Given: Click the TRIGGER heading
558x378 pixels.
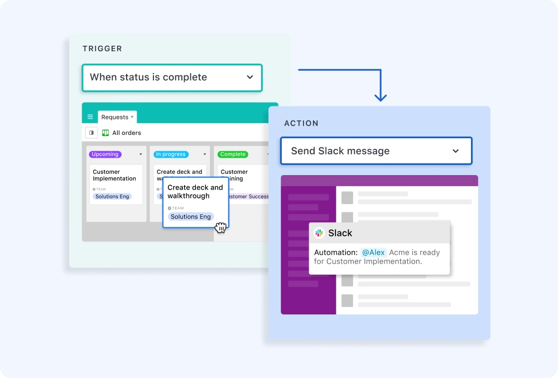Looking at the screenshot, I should pyautogui.click(x=102, y=49).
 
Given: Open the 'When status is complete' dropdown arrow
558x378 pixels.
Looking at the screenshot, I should pyautogui.click(x=250, y=77).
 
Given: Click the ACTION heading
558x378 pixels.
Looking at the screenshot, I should pyautogui.click(x=301, y=123).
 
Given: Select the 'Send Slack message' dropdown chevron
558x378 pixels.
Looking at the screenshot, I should pyautogui.click(x=456, y=151).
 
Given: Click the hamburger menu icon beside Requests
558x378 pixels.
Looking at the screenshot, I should pyautogui.click(x=90, y=117).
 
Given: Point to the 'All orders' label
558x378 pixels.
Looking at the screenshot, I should pyautogui.click(x=127, y=133).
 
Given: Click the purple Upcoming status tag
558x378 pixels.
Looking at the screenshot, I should pyautogui.click(x=105, y=154).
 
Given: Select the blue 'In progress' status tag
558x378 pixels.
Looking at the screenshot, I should pyautogui.click(x=171, y=154).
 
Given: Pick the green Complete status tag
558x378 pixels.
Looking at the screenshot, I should pyautogui.click(x=233, y=154).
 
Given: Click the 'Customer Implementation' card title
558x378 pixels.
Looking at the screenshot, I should pyautogui.click(x=114, y=175).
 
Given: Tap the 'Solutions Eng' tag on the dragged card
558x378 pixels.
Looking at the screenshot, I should pyautogui.click(x=191, y=216).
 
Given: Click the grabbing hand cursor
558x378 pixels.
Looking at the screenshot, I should pyautogui.click(x=220, y=227).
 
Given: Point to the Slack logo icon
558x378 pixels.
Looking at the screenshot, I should pyautogui.click(x=319, y=233).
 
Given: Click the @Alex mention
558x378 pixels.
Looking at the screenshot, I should pyautogui.click(x=373, y=253).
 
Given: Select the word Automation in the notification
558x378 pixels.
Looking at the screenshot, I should pyautogui.click(x=335, y=253).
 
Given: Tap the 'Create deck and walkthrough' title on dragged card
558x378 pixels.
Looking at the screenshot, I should pyautogui.click(x=195, y=192).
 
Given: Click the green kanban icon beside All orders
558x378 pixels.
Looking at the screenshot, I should pyautogui.click(x=105, y=133).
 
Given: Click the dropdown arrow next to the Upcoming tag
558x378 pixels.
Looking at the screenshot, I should pyautogui.click(x=141, y=154).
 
